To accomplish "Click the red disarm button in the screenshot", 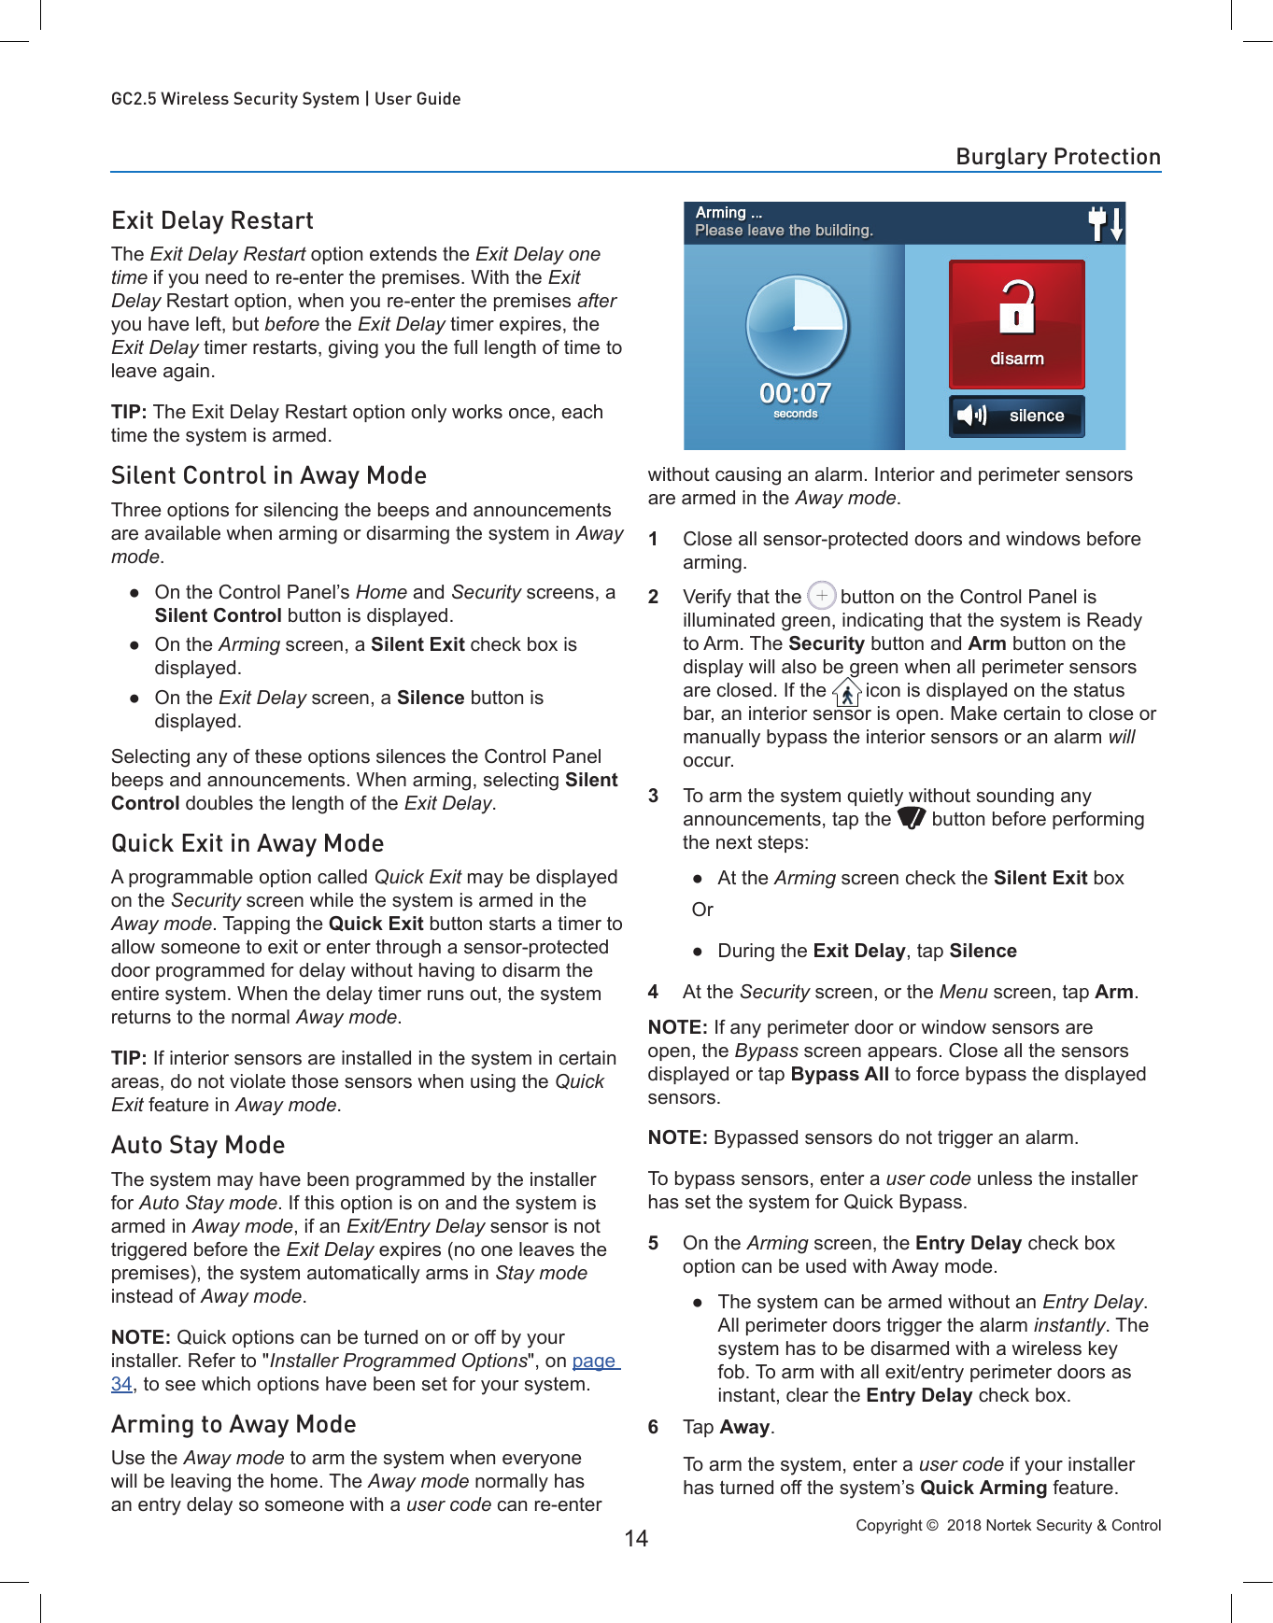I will (1016, 323).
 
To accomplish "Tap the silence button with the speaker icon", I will (1016, 416).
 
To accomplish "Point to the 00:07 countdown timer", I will (795, 394).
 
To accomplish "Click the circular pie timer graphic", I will (797, 325).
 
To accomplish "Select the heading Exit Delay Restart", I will (212, 220).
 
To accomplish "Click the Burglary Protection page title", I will (1057, 157).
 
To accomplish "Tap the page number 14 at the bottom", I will (636, 1538).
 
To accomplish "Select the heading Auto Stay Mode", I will (198, 1145).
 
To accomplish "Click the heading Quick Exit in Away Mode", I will (248, 843).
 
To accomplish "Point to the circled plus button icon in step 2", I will (821, 595).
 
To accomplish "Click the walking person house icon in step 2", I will (846, 692).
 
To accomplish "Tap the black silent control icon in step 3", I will (911, 818).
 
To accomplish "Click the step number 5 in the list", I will (654, 1243).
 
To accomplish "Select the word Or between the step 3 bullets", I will (702, 910).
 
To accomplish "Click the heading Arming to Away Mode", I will (233, 1424).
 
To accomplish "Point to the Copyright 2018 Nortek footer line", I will (1008, 1525).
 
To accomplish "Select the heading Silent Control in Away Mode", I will (269, 475).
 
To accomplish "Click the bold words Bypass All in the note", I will (839, 1074).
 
